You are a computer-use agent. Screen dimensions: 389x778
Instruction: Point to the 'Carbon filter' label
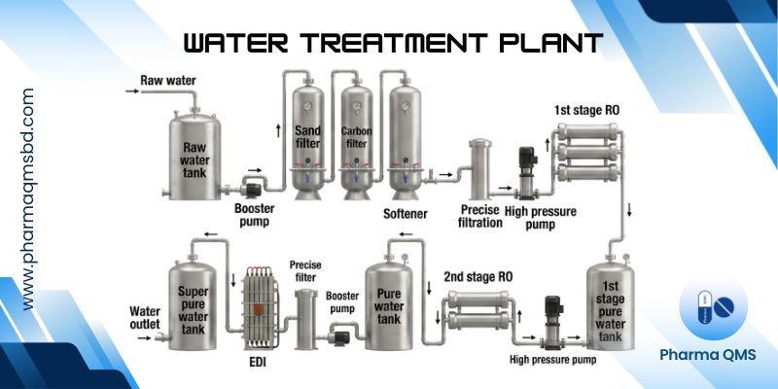click(x=357, y=139)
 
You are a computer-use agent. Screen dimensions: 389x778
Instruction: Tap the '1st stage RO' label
click(x=586, y=110)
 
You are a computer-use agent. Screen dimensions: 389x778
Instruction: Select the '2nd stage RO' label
click(x=477, y=276)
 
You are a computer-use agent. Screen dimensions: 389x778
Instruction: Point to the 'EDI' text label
click(x=259, y=365)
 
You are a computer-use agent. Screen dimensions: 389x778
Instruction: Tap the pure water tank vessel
click(x=391, y=301)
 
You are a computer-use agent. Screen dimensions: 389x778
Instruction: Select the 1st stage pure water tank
click(x=614, y=311)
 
